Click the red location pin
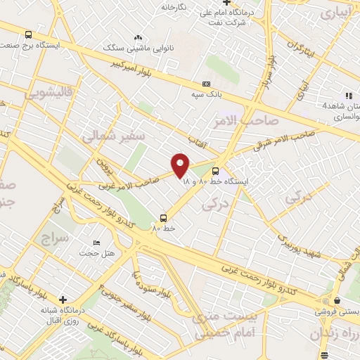tap(181, 165)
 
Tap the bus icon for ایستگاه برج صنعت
tap(28, 34)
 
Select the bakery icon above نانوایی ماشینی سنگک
tap(138, 38)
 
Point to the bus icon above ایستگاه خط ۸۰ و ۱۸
tap(215, 170)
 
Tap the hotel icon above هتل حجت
tap(96, 243)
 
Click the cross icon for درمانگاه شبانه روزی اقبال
tap(63, 300)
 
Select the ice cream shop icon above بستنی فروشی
tap(326, 300)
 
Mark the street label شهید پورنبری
tap(300, 247)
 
